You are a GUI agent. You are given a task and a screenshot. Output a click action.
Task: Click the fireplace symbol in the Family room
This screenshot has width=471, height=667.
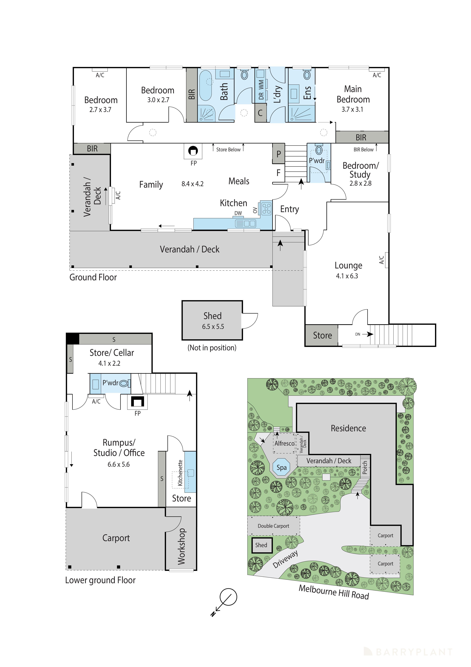[193, 151]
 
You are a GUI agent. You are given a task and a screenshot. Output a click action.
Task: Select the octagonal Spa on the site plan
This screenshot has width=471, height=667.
[281, 467]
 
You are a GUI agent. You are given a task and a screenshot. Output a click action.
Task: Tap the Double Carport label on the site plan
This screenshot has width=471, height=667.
[273, 526]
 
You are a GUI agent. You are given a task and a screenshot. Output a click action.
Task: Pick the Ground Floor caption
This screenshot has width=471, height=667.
[93, 277]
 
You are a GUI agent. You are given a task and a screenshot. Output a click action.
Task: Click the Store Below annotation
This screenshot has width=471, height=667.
[228, 150]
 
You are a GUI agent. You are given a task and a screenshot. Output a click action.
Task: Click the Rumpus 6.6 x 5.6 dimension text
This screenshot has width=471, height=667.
[118, 464]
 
